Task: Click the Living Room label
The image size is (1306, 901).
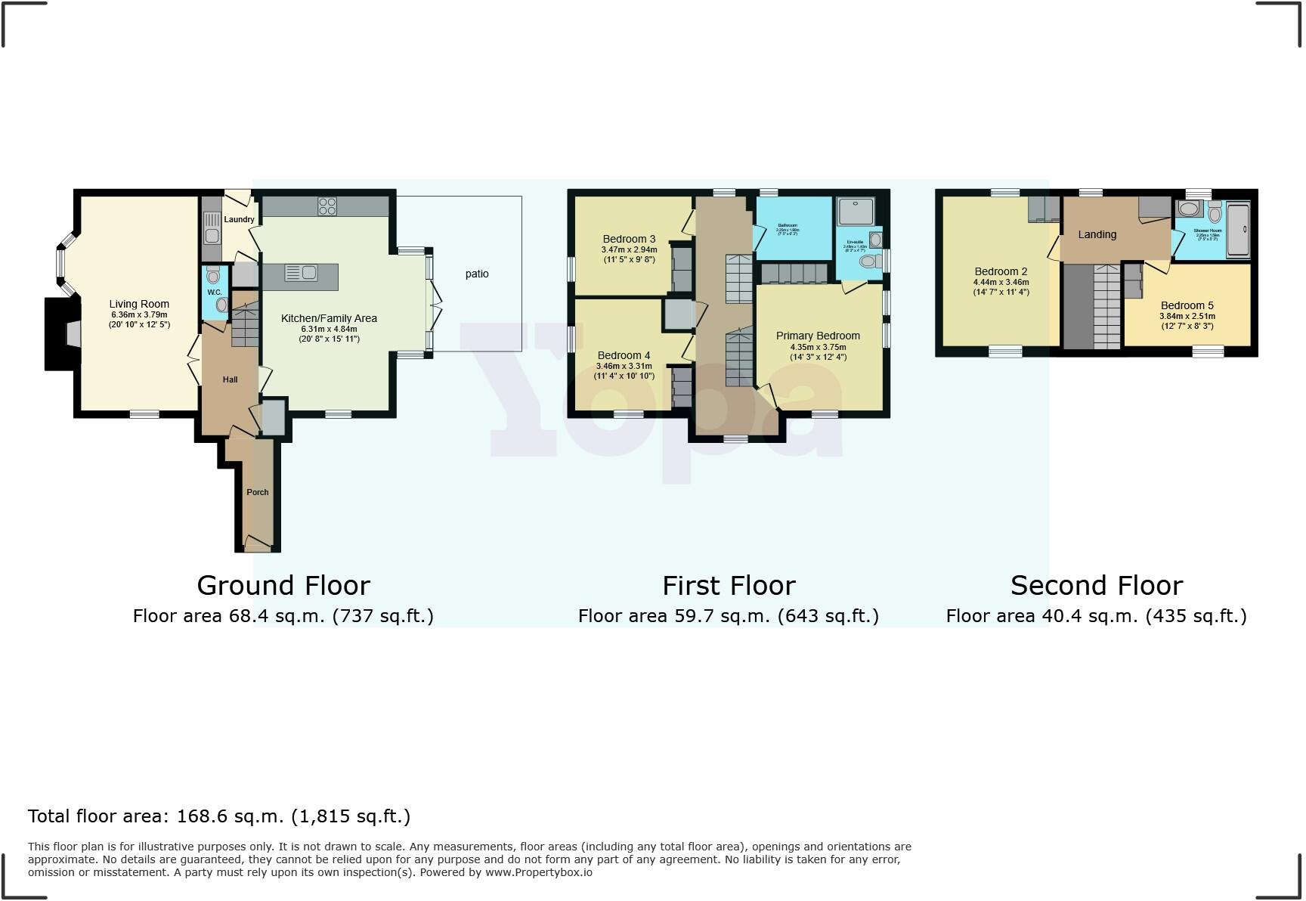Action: point(139,305)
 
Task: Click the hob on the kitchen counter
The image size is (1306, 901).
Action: point(327,206)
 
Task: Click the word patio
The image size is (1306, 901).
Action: point(477,274)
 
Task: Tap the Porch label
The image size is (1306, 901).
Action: point(258,492)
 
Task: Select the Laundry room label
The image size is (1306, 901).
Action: point(239,219)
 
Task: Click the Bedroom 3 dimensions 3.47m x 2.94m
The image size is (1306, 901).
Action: point(629,250)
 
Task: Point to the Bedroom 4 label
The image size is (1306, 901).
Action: point(624,355)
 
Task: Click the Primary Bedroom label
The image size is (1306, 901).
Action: point(818,336)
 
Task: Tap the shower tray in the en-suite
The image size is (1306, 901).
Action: point(856,212)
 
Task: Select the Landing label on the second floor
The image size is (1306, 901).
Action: point(1097,234)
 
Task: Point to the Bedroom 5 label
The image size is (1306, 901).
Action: point(1187,306)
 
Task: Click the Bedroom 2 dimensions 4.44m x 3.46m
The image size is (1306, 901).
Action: point(1001,283)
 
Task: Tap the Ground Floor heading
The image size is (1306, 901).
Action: point(283,586)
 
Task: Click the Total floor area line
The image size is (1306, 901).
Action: point(219,816)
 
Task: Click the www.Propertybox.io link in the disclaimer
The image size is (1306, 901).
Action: point(538,872)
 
